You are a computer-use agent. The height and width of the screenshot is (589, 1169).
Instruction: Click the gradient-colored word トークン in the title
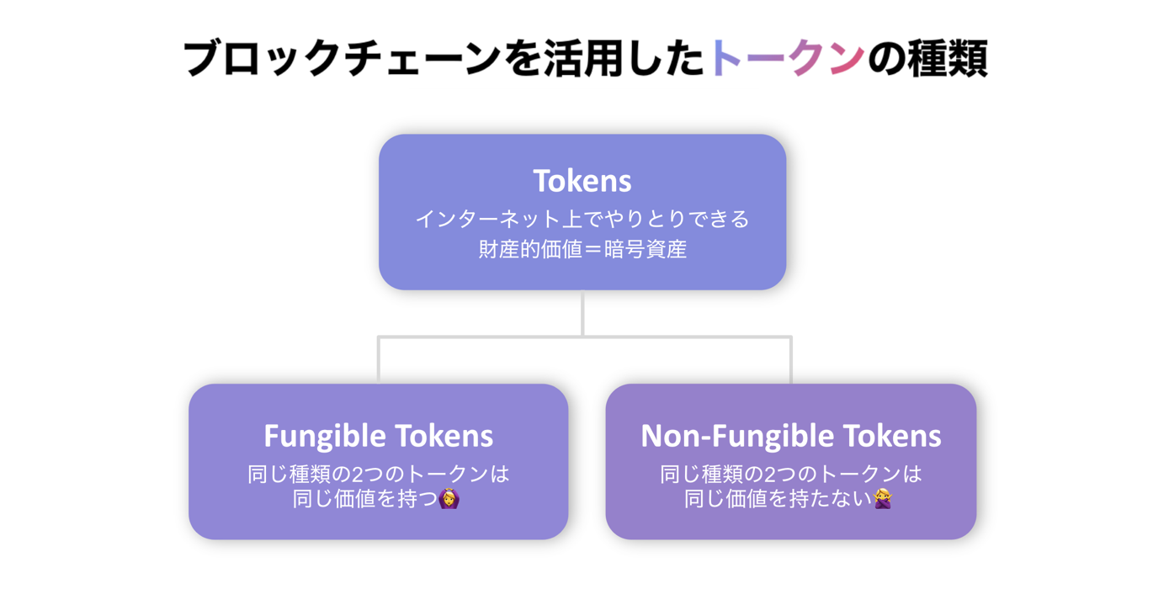point(787,58)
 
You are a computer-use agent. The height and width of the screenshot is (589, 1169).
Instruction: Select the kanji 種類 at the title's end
point(948,58)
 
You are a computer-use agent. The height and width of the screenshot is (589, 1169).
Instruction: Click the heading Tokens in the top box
point(582,181)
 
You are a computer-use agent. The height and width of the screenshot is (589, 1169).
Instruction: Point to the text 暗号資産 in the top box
point(646,249)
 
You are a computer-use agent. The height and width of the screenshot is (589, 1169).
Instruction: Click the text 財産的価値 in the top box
point(530,249)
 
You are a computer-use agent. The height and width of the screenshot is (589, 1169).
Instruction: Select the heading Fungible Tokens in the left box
point(379,436)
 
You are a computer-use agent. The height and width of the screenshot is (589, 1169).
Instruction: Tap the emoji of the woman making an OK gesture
point(449,499)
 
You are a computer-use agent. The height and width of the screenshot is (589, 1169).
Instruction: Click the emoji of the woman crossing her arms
point(883,499)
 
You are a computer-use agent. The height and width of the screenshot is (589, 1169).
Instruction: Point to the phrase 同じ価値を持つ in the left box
point(364,499)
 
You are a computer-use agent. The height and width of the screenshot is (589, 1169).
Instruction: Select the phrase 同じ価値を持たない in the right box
point(778,499)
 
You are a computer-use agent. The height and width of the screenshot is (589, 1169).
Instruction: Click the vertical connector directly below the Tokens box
point(582,313)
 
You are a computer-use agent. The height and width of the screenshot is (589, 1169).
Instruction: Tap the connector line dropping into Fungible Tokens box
point(379,360)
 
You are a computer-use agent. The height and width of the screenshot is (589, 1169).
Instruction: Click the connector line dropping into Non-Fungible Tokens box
point(791,360)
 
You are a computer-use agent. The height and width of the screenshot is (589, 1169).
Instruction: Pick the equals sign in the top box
point(593,249)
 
